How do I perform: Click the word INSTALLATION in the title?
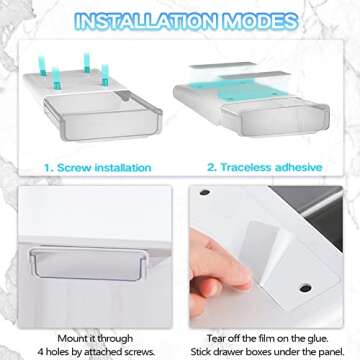(x=146, y=21)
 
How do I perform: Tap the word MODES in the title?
(x=261, y=21)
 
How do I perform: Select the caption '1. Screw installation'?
(x=98, y=167)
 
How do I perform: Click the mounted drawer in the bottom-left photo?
(x=89, y=263)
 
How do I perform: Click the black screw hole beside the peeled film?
(x=305, y=288)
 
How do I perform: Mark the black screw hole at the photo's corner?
(x=205, y=192)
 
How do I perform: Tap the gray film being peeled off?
(x=255, y=246)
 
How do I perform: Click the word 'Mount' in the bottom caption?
(x=71, y=339)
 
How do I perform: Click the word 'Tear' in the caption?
(x=216, y=339)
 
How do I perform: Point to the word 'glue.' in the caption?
(x=317, y=339)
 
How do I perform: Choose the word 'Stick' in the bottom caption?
(x=200, y=352)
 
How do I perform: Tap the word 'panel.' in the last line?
(x=331, y=352)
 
